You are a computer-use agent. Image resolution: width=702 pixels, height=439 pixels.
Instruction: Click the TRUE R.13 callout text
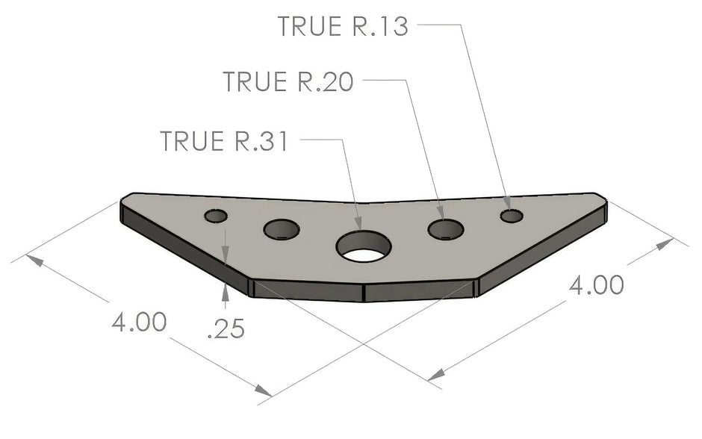click(343, 26)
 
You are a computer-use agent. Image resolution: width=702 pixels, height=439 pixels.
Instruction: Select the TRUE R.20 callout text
click(288, 81)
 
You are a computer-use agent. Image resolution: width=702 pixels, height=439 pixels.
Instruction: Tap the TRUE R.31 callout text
click(224, 141)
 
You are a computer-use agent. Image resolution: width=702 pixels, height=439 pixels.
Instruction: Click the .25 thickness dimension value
click(226, 329)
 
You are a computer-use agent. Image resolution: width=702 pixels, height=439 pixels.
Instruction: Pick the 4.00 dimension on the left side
click(139, 322)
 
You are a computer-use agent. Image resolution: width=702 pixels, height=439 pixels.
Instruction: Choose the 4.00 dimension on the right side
click(597, 285)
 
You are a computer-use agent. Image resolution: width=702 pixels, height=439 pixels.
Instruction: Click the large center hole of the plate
click(364, 246)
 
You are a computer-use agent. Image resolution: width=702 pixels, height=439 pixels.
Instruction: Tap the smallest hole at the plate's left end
click(216, 217)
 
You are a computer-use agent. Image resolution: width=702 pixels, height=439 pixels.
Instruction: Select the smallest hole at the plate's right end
click(512, 217)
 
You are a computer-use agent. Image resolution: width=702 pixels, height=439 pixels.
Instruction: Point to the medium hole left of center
click(282, 229)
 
